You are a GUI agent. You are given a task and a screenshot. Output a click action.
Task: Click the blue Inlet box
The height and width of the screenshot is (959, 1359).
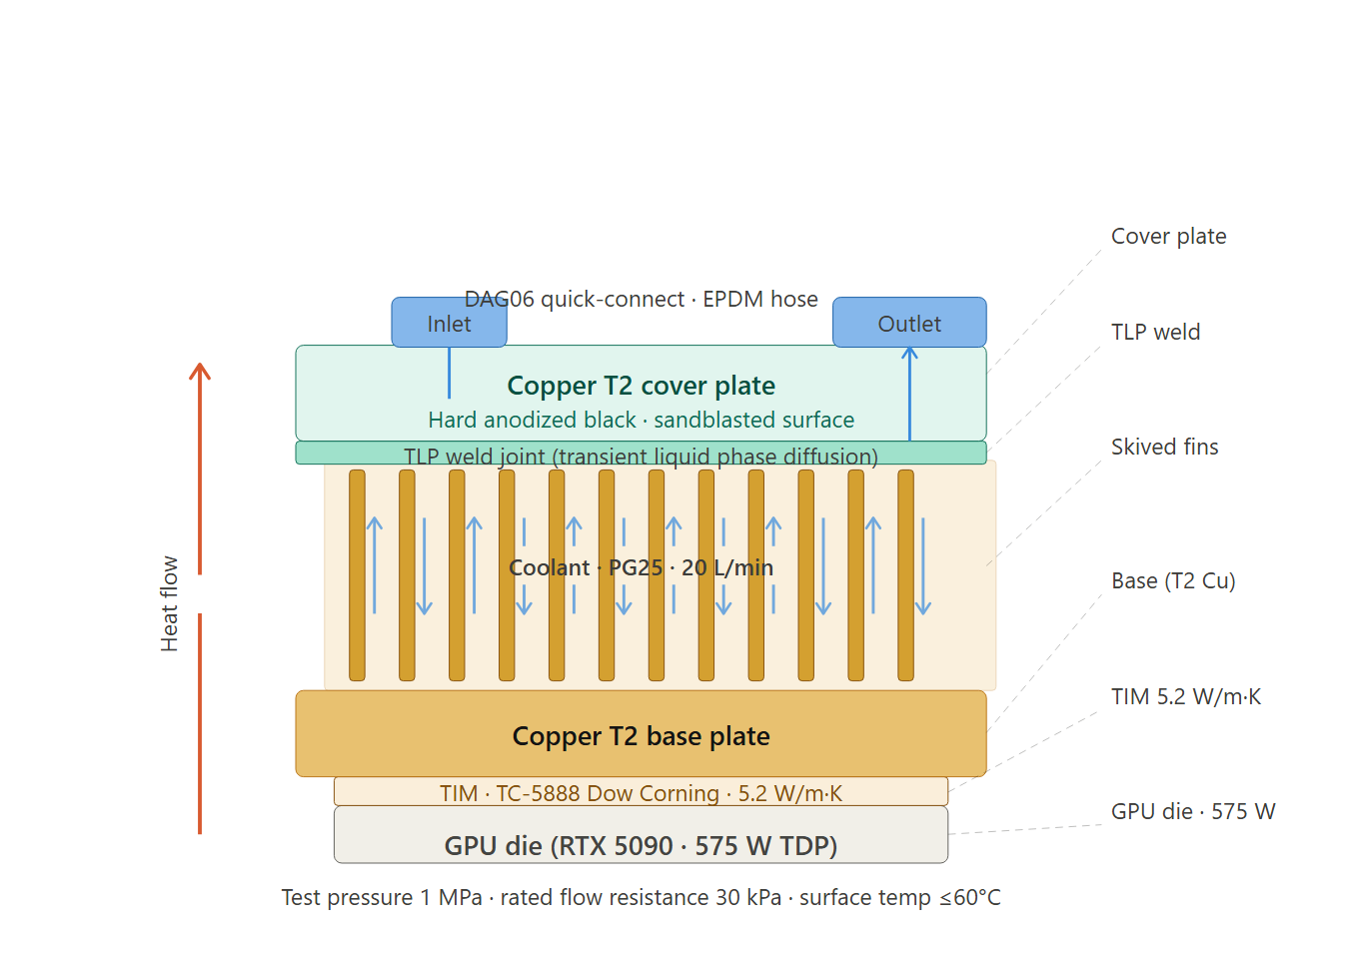coord(449,323)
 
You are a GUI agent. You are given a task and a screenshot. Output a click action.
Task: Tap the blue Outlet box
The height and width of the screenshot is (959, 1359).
coord(909,323)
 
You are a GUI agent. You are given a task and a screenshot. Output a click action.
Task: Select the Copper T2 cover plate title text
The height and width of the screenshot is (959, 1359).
coord(641,386)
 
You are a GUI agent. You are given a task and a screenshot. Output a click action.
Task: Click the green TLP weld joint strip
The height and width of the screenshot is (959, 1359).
coord(641,454)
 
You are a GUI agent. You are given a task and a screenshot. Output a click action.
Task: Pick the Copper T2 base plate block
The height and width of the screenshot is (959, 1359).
coord(641,734)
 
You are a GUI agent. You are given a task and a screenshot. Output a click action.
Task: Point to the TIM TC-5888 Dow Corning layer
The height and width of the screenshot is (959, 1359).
coord(641,792)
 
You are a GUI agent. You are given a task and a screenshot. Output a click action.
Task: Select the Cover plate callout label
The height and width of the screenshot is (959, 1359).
coord(1168,237)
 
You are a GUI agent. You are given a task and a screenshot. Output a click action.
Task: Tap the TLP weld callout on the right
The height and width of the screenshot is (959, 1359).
coord(1155,333)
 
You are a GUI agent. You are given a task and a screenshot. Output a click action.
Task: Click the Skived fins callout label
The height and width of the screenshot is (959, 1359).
coord(1164,448)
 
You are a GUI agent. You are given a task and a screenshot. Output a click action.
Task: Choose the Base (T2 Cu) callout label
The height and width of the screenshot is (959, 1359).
coord(1173,581)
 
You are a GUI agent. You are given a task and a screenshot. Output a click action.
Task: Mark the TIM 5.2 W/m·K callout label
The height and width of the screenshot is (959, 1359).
coord(1185,697)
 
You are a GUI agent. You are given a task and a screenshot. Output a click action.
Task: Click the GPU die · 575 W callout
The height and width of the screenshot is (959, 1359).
coord(1192,812)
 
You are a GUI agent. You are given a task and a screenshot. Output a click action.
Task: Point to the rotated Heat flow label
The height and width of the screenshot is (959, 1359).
coord(170,603)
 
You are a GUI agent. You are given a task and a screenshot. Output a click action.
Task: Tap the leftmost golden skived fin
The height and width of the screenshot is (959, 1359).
coord(357,575)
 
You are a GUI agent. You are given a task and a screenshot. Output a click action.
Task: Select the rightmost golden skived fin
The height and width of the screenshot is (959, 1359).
coord(905,575)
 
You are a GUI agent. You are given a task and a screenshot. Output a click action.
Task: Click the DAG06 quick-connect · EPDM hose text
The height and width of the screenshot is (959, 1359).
coord(641,300)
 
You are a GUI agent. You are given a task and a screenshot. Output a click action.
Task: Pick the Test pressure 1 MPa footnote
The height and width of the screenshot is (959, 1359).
coord(641,898)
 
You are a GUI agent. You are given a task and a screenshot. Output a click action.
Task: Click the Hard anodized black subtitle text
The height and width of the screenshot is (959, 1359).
coord(641,421)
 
